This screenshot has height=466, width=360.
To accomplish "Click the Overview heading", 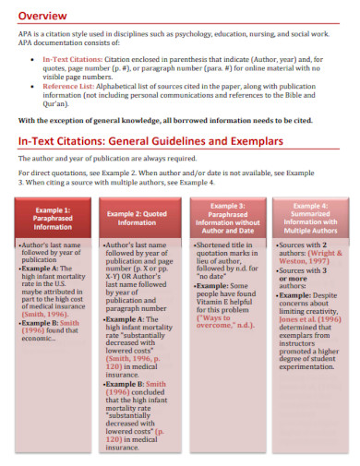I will point(45,16).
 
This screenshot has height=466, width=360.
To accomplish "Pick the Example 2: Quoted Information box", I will point(137,219).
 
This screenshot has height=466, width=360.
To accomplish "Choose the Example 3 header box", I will point(228,218).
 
